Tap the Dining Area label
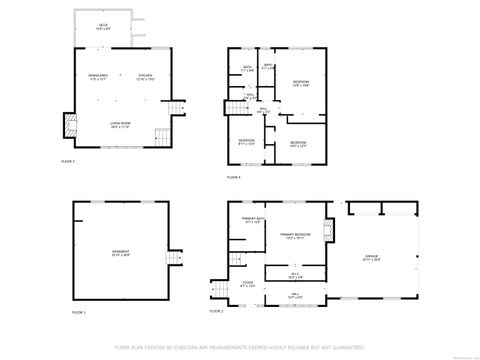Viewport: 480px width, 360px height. [97, 77]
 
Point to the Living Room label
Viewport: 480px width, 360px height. [121, 125]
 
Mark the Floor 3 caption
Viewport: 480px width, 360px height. [68, 161]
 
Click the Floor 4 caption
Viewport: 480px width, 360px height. [234, 177]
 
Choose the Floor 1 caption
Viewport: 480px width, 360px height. [79, 313]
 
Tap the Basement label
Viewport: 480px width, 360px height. [119, 254]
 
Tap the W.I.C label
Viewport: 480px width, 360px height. [295, 274]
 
